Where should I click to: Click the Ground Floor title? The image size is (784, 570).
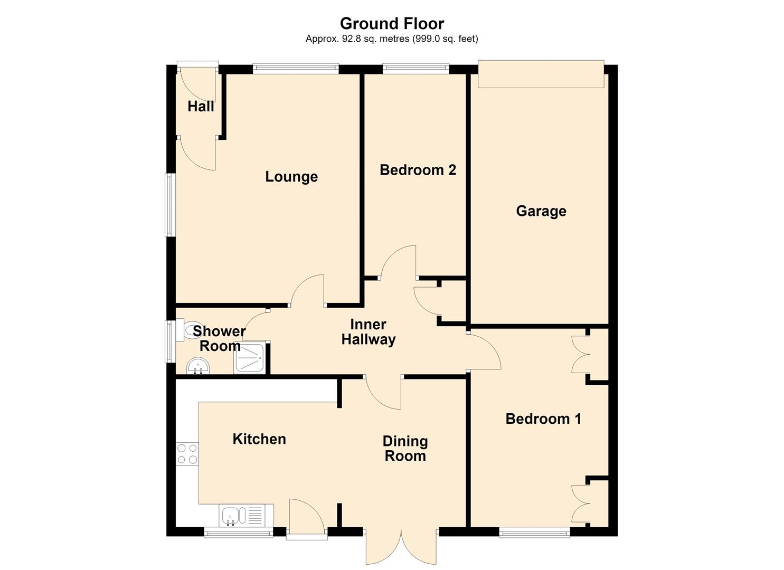coord(392,24)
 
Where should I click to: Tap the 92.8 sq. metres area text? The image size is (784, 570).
coord(392,39)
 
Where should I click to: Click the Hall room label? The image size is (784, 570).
coord(201,107)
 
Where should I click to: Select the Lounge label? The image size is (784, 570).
coord(291,177)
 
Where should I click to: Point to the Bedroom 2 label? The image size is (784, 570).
coord(418,170)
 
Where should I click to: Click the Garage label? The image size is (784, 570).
coord(541,211)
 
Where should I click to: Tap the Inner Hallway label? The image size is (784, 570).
coord(369,332)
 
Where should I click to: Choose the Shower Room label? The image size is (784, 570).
coord(220,338)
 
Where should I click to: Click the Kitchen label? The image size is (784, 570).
coord(259,439)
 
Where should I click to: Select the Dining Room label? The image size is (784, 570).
coord(405,449)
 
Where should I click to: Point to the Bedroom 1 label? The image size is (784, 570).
coord(543,419)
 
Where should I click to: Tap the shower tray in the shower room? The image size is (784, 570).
coord(250,358)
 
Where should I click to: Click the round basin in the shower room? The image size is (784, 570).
coord(198,366)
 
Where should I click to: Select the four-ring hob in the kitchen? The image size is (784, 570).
coord(187,454)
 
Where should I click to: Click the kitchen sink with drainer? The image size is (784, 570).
coord(247,516)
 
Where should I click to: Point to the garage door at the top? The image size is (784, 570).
coord(541,74)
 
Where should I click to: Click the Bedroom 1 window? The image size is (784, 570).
coord(534,534)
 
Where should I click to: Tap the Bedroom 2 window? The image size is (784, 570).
coord(416,68)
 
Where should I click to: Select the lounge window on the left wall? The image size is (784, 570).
coord(170,205)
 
